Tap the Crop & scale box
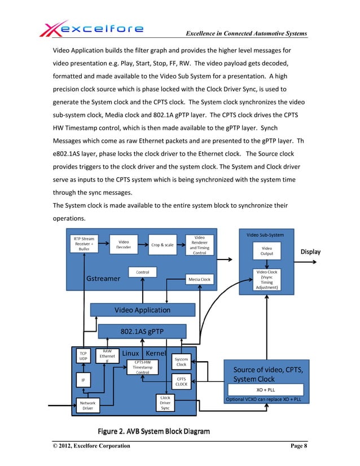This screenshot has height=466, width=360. [x=163, y=245]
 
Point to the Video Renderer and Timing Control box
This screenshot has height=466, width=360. [x=199, y=245]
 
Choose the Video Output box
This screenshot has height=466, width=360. [x=266, y=250]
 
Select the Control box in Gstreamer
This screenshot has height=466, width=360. [x=142, y=272]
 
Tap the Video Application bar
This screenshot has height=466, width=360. [x=142, y=310]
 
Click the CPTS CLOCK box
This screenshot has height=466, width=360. [x=182, y=382]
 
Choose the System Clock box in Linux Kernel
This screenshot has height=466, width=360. [x=182, y=361]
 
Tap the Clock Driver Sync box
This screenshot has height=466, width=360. [x=165, y=403]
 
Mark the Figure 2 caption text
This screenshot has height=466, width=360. [x=154, y=432]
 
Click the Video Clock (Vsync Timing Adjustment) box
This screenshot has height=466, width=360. [x=266, y=279]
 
